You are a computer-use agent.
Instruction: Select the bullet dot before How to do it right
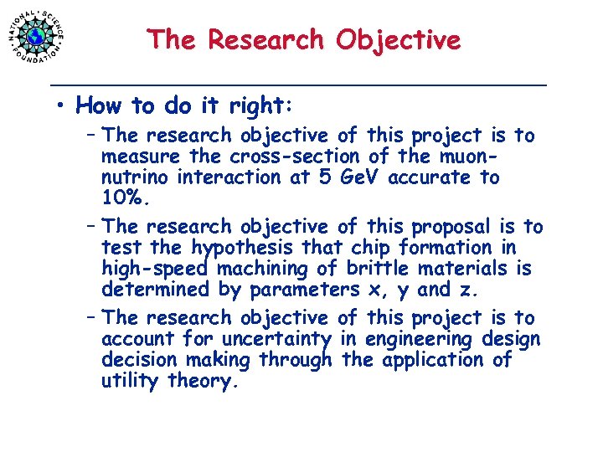(x=61, y=106)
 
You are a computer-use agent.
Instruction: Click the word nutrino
(x=137, y=177)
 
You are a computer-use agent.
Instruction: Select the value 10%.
(x=126, y=198)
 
